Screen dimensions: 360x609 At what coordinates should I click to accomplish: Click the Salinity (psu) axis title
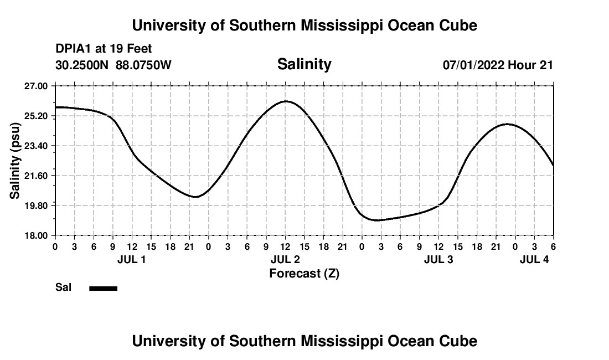(x=15, y=161)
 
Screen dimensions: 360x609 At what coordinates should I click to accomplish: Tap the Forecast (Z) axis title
(x=304, y=273)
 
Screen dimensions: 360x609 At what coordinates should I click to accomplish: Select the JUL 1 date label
(x=132, y=259)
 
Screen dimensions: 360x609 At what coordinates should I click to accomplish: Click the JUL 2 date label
(x=285, y=259)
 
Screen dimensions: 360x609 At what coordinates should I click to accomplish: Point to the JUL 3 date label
(x=438, y=259)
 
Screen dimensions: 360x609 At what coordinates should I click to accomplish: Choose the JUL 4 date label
(x=534, y=259)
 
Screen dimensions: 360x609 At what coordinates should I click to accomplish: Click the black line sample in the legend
(x=104, y=288)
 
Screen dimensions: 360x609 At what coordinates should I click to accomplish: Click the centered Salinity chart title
(x=304, y=64)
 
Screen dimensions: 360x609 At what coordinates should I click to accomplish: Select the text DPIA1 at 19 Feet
(x=104, y=49)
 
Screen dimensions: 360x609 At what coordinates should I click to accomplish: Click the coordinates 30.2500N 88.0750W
(x=113, y=65)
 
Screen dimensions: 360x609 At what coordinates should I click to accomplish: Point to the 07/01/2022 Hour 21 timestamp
(x=498, y=65)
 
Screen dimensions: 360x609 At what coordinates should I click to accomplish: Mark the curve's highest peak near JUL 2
(x=286, y=101)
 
